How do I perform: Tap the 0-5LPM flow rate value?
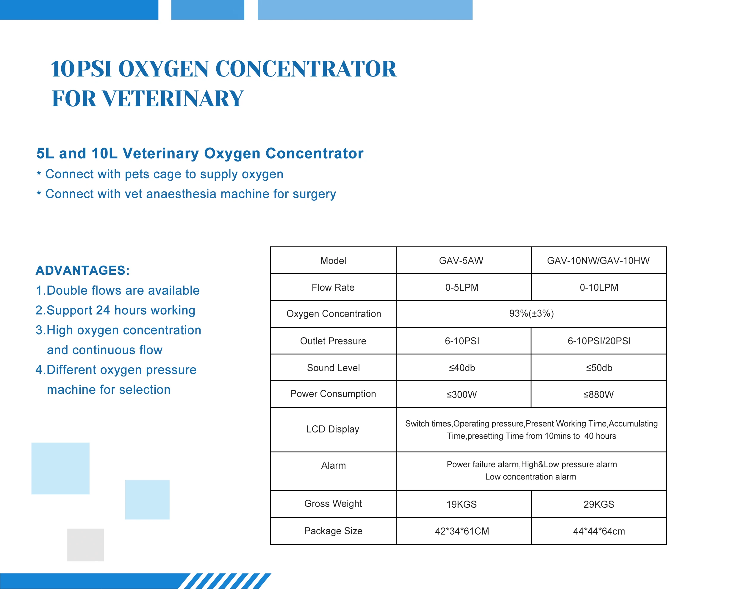point(462,287)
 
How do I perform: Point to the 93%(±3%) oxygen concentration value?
point(531,313)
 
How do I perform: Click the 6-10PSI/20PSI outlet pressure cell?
point(599,341)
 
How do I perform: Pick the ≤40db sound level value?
point(462,368)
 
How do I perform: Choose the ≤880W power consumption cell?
point(598,394)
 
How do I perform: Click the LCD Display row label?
point(332,429)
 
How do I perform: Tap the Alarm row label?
point(333,465)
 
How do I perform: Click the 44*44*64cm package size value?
point(599,531)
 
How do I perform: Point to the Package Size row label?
point(333,531)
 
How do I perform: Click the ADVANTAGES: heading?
point(82,271)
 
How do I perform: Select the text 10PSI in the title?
point(82,69)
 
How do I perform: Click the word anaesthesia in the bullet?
point(182,194)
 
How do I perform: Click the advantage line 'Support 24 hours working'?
point(115,310)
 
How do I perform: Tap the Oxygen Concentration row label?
point(333,314)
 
